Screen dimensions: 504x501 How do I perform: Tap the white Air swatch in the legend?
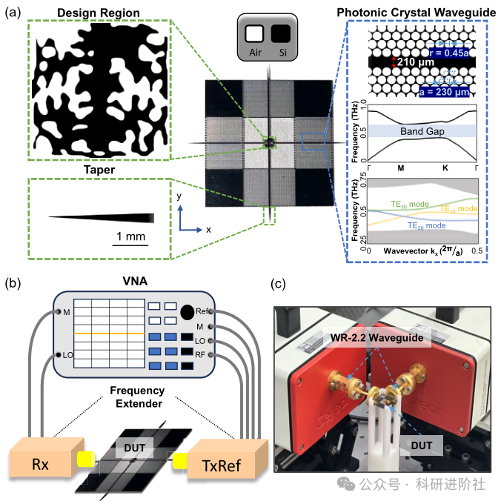(x=253, y=34)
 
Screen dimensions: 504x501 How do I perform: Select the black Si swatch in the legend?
(x=281, y=34)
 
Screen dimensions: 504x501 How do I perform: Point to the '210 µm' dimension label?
(x=417, y=62)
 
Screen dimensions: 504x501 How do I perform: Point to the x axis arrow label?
(x=209, y=230)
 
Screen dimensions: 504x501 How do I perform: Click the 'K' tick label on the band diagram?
(x=445, y=168)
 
